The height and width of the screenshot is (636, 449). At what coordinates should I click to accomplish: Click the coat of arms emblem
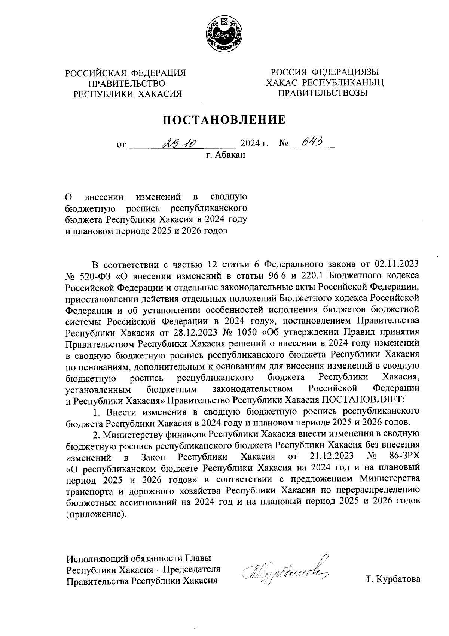(x=224, y=35)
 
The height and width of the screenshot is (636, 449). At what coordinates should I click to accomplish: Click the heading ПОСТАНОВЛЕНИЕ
(x=224, y=119)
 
